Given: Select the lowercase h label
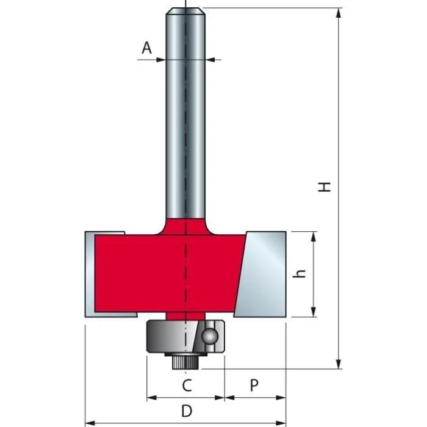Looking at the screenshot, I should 299,274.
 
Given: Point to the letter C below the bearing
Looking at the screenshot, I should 187,385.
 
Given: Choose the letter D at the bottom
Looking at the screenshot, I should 187,409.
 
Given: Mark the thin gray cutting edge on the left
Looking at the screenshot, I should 89,274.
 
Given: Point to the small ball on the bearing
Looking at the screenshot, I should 209,335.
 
